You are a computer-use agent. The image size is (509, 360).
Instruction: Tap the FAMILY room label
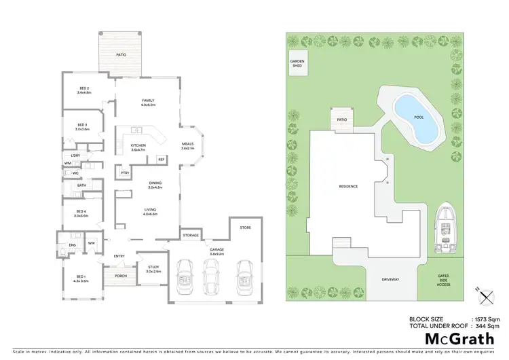pos(149,103)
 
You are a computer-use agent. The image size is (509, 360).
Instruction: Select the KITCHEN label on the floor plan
pos(138,146)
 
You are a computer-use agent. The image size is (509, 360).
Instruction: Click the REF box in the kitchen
pos(161,159)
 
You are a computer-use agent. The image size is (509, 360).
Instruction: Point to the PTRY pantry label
pos(125,173)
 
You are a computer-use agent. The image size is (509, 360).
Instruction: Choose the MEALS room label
pos(188,145)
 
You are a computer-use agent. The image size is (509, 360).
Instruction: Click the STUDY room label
pos(153,269)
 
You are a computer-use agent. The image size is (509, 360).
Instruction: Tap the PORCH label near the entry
pos(121,276)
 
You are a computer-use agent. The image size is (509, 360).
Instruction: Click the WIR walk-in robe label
pos(90,243)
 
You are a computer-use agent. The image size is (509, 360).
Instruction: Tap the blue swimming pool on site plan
pos(417,116)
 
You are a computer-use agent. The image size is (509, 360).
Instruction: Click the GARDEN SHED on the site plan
pos(298,63)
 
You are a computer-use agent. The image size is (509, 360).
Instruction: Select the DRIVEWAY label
pos(390,279)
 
